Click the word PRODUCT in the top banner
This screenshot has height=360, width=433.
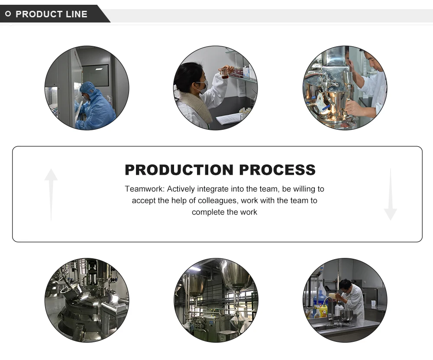point(39,14)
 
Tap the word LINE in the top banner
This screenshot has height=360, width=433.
point(77,14)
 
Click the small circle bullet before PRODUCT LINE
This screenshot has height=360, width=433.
point(8,14)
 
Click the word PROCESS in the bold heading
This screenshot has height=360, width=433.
point(278,170)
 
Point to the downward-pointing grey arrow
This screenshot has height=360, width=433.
point(390,194)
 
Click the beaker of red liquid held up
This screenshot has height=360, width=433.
point(224,73)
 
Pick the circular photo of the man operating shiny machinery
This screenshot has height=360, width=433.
point(345,88)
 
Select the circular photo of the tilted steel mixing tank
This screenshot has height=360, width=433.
point(87,300)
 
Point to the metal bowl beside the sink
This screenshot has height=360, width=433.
point(346,315)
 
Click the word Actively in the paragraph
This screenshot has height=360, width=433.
point(181,189)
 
